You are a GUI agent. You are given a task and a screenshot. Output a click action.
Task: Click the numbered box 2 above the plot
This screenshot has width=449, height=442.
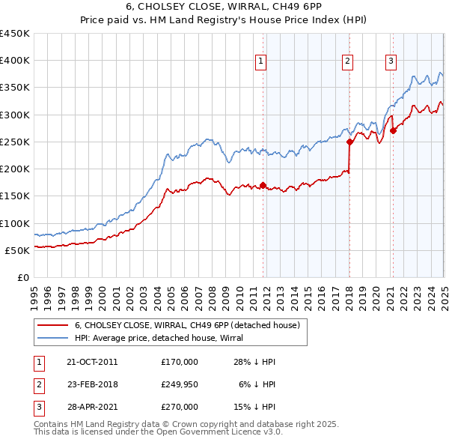pos(349,62)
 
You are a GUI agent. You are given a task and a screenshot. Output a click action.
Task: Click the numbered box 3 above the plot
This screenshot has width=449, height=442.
pos(391,62)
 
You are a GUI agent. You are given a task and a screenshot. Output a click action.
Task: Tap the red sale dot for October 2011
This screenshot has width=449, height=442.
pos(263,185)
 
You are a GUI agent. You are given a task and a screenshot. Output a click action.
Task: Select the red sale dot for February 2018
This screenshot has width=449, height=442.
pos(349,141)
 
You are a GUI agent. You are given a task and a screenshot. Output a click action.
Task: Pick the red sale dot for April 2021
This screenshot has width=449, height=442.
pos(393,130)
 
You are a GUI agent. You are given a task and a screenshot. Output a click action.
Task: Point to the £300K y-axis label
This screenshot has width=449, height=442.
pos(15,115)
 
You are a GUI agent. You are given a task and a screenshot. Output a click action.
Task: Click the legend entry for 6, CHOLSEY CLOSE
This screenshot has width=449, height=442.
pos(187,325)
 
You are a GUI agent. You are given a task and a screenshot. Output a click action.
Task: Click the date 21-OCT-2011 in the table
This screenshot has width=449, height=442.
pos(92,362)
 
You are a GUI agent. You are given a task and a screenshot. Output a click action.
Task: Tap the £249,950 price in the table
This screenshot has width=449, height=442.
pos(180,384)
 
